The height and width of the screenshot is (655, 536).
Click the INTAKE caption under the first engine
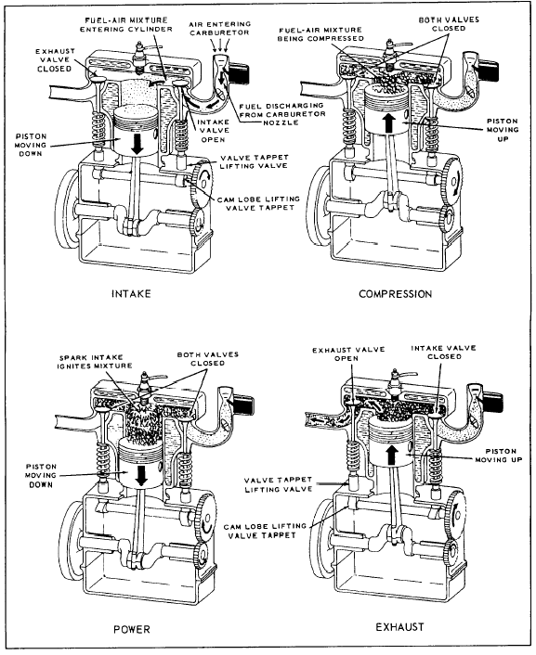click(131, 294)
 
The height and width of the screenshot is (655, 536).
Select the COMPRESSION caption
click(396, 294)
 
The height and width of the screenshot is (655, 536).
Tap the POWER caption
click(132, 629)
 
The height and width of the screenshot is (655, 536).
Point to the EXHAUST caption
click(399, 627)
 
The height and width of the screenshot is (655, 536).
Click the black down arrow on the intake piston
click(137, 143)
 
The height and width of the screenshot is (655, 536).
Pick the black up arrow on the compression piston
click(389, 123)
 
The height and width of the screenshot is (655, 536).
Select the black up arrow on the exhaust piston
click(392, 455)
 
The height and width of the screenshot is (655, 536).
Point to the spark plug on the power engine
click(146, 386)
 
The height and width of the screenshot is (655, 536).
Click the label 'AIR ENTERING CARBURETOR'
click(219, 28)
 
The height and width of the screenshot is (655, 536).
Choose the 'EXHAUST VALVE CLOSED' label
click(55, 60)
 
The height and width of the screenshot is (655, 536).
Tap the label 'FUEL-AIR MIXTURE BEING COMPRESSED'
click(320, 34)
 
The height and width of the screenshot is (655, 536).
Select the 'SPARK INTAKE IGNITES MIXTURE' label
click(96, 362)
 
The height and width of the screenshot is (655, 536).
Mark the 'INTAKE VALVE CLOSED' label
click(443, 353)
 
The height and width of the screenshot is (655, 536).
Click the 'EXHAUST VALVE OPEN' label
click(348, 353)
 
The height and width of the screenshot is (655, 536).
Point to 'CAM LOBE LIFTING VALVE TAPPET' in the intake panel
click(258, 203)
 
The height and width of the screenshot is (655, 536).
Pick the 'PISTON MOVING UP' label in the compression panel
click(503, 130)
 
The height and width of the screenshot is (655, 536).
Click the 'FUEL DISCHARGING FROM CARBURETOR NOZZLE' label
click(282, 114)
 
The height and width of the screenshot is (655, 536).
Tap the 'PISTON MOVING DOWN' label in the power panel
click(41, 475)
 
